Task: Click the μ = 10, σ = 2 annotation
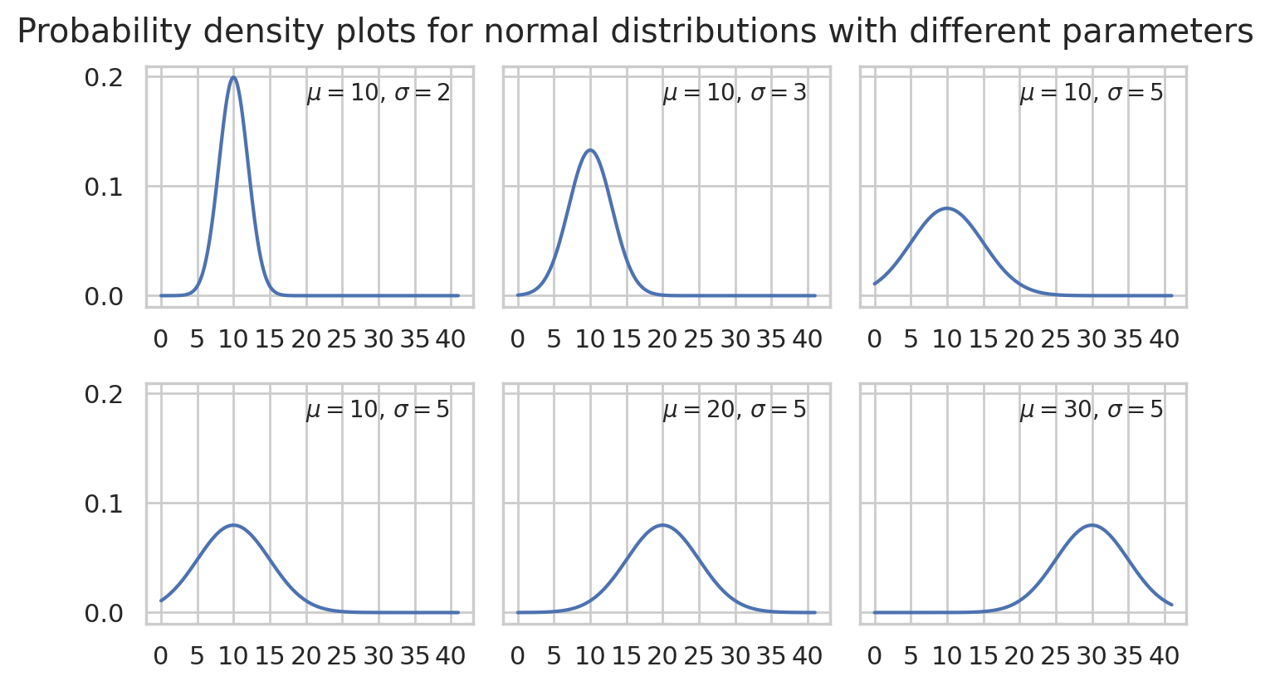tap(378, 93)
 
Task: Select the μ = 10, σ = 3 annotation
tap(734, 93)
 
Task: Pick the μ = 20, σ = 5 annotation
tap(734, 410)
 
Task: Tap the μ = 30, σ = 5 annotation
tap(1091, 410)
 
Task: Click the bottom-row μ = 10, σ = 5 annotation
tap(378, 410)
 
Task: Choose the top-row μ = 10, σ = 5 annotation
tap(1091, 93)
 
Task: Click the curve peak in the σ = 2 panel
tap(233, 78)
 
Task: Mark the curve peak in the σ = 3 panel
tap(590, 150)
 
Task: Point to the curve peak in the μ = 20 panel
tap(662, 525)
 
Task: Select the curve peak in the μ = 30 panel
tap(1092, 525)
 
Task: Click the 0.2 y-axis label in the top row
tap(104, 77)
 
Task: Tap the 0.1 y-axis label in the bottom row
tap(104, 504)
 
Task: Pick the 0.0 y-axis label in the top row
tap(104, 296)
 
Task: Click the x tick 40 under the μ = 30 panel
tap(1164, 656)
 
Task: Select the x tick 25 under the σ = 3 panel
tap(699, 339)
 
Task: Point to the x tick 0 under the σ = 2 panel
tap(161, 339)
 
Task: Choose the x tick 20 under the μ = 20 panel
tap(662, 656)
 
